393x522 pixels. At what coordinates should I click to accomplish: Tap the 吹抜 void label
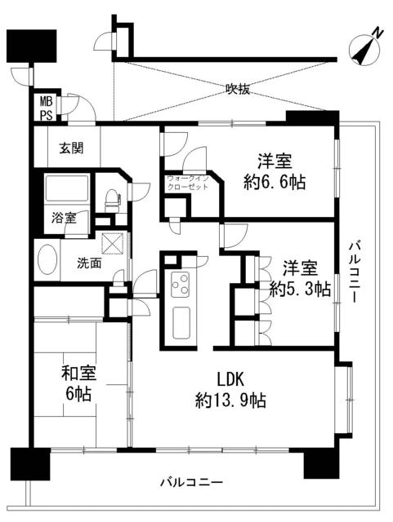point(237,90)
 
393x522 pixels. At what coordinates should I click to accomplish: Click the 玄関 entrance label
point(72,148)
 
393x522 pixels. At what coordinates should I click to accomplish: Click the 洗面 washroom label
point(89,263)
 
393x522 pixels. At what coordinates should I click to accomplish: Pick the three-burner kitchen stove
point(180,285)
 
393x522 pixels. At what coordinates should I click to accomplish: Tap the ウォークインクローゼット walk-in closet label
point(187,182)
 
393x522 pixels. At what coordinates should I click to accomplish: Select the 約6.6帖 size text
point(275,183)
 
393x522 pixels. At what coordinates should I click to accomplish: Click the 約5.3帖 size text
point(301,288)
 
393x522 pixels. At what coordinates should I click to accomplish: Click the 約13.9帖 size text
point(231,400)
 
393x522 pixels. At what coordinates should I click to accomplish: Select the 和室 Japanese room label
point(79,374)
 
